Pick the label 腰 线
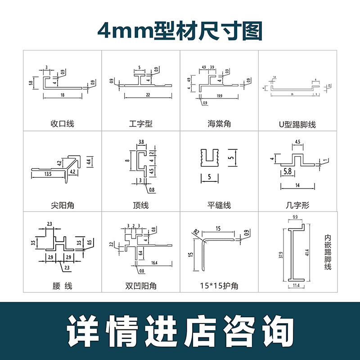tap(62, 286)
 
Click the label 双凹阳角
tap(140, 286)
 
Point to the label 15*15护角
tap(219, 286)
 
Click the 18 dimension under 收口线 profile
tap(62, 95)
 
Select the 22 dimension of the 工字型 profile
tap(148, 95)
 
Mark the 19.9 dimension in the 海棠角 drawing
tap(219, 96)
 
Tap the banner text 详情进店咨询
tap(180, 331)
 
